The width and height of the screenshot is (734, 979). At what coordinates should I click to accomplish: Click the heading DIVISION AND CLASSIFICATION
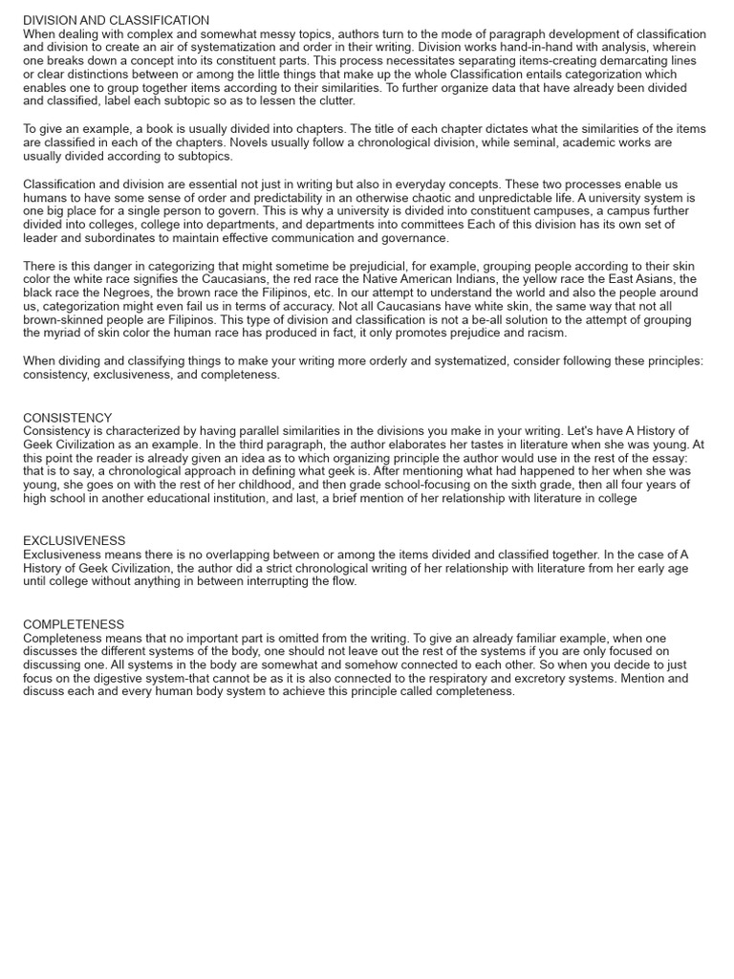pyautogui.click(x=116, y=20)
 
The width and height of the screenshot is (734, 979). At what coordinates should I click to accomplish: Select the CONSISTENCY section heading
pyautogui.click(x=67, y=418)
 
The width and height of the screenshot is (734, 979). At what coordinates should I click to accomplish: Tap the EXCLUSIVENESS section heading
pyautogui.click(x=75, y=540)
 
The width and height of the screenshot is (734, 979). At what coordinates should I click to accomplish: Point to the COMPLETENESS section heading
pyautogui.click(x=74, y=624)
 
